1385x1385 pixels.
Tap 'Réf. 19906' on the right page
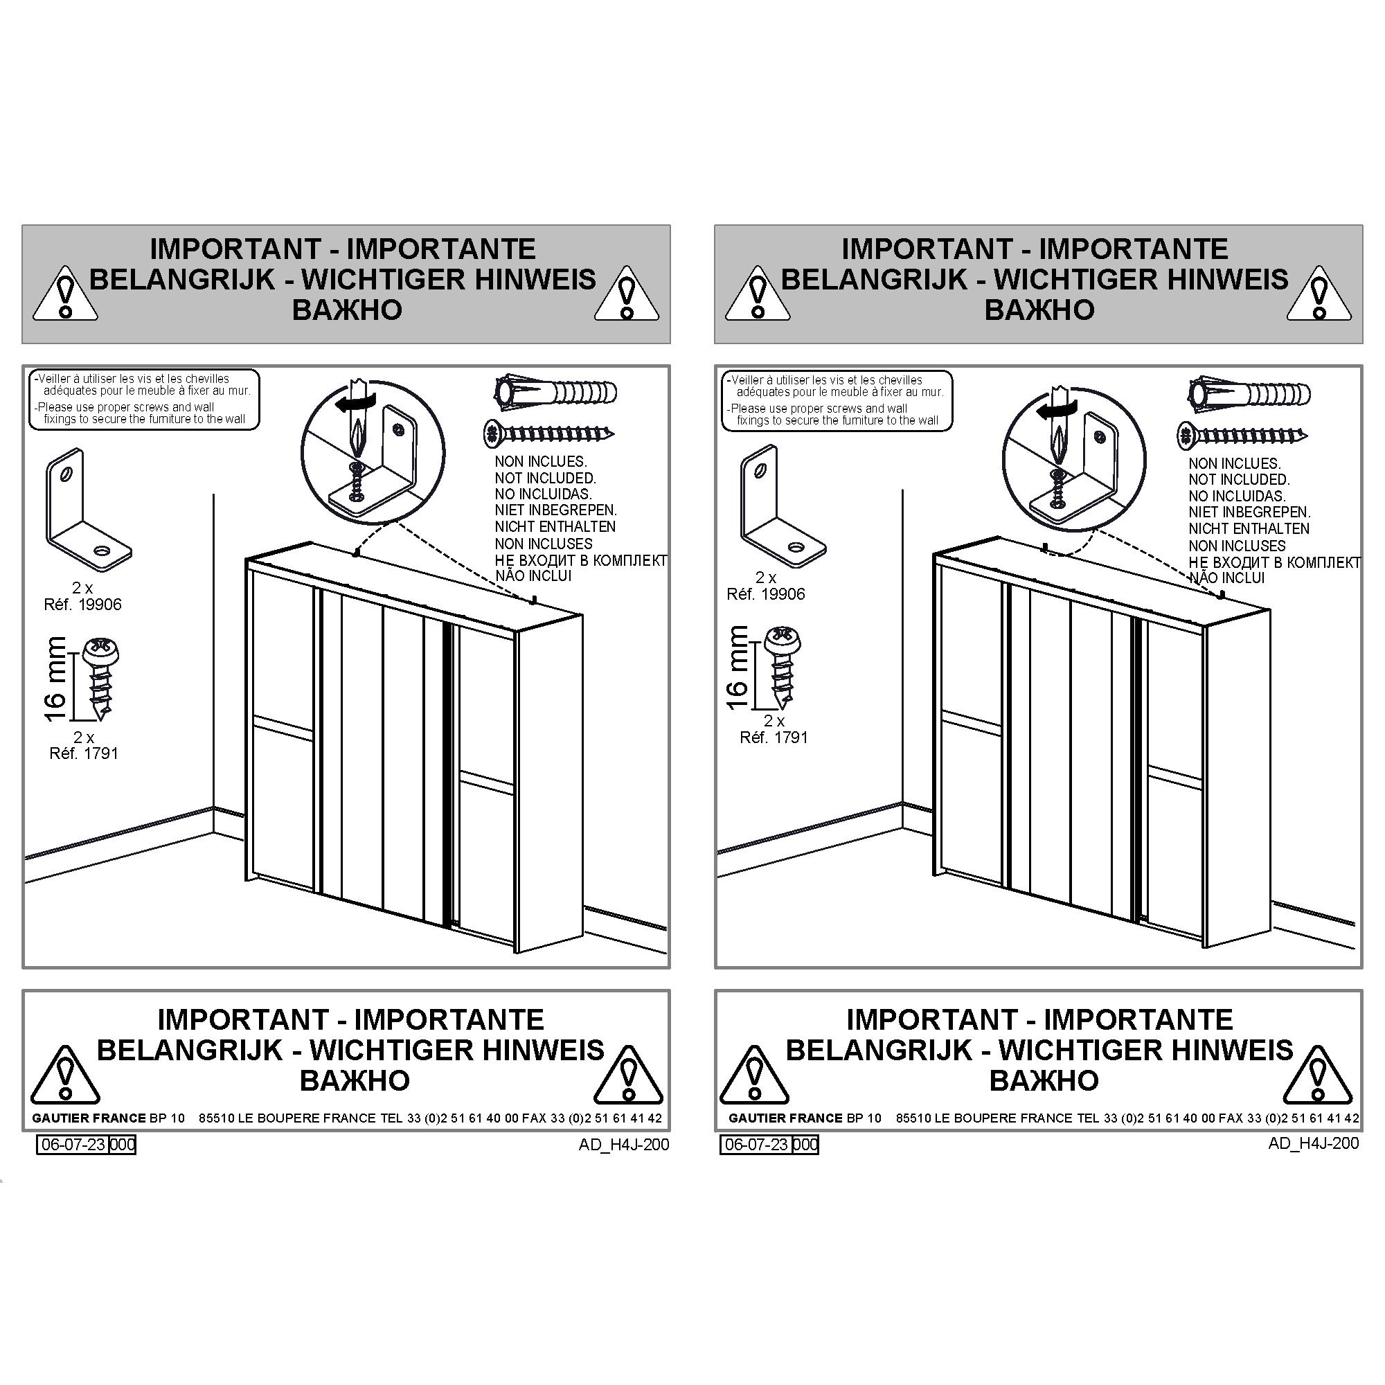point(766,594)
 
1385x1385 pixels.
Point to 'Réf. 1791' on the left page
point(83,753)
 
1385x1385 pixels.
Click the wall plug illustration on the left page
point(555,392)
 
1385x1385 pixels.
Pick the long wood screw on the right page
point(1242,435)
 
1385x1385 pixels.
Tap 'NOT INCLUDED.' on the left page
point(545,478)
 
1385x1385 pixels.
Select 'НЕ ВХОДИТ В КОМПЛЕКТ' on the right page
point(1275,563)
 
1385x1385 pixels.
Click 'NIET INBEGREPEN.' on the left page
point(555,510)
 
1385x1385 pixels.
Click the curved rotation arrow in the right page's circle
point(1058,409)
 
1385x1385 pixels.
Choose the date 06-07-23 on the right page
point(756,1144)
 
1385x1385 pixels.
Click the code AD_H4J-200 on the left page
point(624,1144)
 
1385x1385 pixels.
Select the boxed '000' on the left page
point(123,1144)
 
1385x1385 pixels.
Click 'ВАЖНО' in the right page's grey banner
point(1039,310)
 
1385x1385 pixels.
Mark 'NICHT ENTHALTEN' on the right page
point(1249,529)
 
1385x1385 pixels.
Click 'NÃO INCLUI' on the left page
point(533,575)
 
